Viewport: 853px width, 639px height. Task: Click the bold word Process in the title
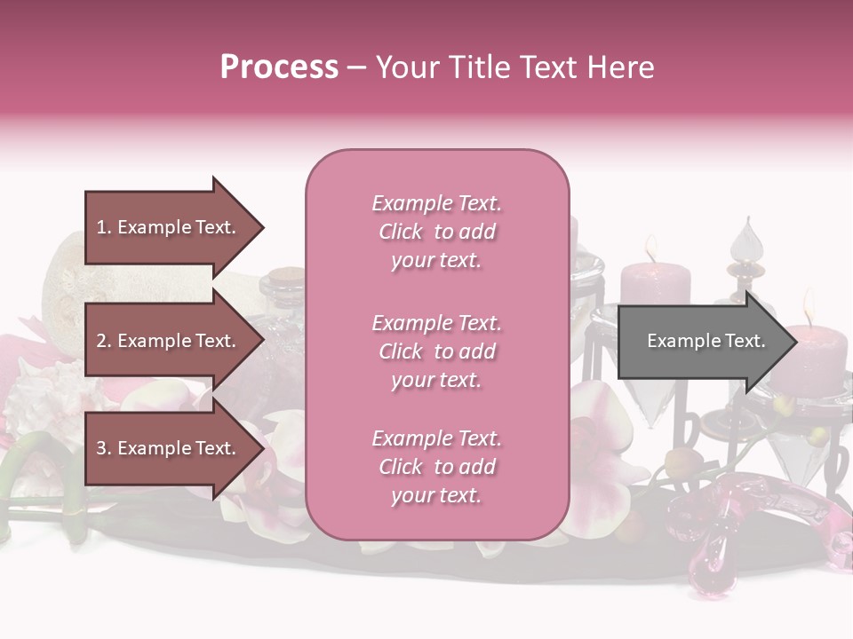[279, 67]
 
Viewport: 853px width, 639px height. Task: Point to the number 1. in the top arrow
[105, 227]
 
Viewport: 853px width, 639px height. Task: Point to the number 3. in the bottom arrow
[105, 448]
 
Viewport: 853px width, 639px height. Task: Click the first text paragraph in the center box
[436, 232]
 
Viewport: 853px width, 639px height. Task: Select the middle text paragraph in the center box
[436, 351]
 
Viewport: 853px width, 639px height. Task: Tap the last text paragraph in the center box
[436, 467]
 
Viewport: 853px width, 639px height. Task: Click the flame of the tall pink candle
[651, 249]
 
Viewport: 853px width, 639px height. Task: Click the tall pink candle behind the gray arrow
[656, 284]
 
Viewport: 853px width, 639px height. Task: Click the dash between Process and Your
[357, 67]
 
